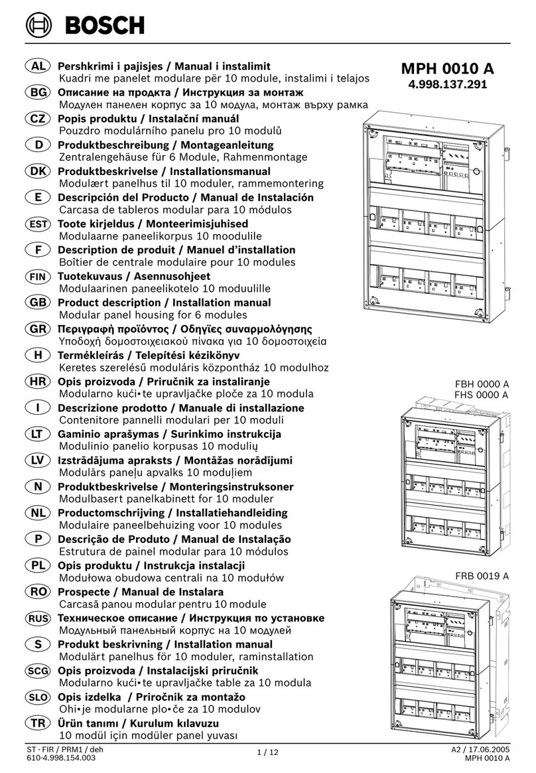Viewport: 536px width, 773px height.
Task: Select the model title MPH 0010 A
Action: (x=447, y=69)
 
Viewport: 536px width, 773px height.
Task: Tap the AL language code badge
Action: (x=38, y=66)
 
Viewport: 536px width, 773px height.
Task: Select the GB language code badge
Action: (x=38, y=303)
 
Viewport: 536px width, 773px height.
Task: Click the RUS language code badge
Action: (x=38, y=618)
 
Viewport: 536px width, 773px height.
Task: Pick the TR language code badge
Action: (x=38, y=723)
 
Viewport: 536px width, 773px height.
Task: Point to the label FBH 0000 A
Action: (x=482, y=384)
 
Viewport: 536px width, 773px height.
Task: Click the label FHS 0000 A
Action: (x=482, y=395)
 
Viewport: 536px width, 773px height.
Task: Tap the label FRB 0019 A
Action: (x=482, y=576)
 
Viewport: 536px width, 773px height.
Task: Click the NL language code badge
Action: (x=38, y=513)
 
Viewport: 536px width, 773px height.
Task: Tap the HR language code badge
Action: (x=38, y=382)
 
